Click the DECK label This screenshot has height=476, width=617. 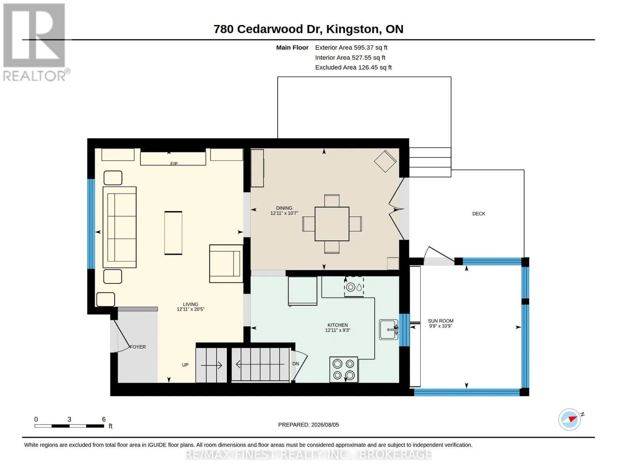(x=478, y=214)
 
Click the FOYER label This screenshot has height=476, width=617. (x=138, y=347)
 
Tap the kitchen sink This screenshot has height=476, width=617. (x=389, y=329)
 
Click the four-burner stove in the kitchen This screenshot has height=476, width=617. (x=344, y=369)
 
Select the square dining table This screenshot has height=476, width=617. (x=332, y=224)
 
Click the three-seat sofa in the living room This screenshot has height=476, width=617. (x=120, y=227)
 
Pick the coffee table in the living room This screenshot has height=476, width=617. (x=173, y=233)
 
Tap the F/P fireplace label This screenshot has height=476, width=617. (x=174, y=163)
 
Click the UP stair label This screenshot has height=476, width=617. (x=185, y=365)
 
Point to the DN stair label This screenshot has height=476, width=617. (x=296, y=364)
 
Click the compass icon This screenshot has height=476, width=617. (x=569, y=420)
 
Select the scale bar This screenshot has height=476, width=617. (x=69, y=426)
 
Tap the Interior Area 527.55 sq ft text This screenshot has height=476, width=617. (x=350, y=58)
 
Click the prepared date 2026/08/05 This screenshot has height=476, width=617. (x=325, y=425)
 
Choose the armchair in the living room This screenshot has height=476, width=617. (x=226, y=264)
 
